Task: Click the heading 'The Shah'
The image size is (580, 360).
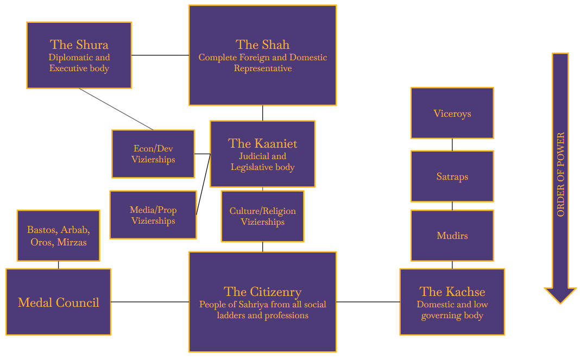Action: pos(262,45)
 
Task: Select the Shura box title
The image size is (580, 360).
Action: pos(79,45)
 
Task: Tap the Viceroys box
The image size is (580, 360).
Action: pos(452,113)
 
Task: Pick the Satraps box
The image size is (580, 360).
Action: pos(452,176)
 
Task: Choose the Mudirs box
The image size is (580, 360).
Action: pos(452,236)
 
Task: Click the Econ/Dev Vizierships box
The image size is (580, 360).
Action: pos(153,154)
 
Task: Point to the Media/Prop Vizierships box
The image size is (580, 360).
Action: pos(153,215)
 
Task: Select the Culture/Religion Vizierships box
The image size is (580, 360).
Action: pos(262,216)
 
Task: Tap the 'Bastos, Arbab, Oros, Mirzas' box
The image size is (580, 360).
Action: pos(58,236)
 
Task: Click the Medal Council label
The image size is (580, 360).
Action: pos(58,302)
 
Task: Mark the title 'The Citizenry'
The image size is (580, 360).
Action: pos(262,292)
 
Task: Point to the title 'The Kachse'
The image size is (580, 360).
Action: pos(452,292)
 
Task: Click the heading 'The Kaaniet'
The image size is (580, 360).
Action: pos(262,143)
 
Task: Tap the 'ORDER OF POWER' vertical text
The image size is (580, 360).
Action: pos(560,174)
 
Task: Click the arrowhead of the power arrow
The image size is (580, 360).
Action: pos(560,295)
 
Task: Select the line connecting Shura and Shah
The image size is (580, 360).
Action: pos(160,55)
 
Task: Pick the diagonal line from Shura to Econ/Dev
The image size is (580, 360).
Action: pos(116,109)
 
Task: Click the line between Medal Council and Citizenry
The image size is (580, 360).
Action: pos(150,302)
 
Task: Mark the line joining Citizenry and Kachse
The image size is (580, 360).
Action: pos(368,302)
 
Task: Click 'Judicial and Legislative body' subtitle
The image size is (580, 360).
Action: pos(262,162)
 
